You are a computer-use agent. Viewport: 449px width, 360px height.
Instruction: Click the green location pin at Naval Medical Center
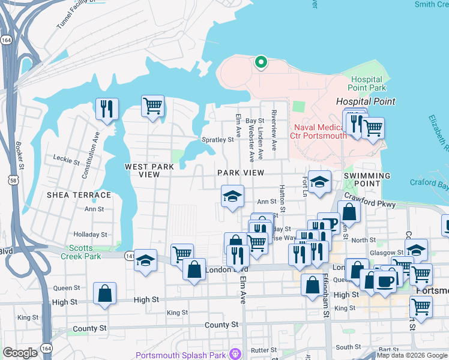(x=261, y=62)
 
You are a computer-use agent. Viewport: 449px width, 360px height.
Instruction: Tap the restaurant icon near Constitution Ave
(x=107, y=109)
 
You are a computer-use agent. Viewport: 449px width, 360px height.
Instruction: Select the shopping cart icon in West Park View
(x=153, y=106)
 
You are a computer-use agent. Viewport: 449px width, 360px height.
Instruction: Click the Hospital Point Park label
(x=366, y=84)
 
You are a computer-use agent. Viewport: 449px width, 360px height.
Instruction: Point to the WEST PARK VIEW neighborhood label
(x=142, y=170)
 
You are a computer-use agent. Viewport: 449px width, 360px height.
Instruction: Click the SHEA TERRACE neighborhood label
(x=80, y=195)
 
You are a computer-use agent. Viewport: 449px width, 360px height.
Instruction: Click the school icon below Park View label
(x=232, y=196)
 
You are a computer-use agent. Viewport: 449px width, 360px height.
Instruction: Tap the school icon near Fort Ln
(x=320, y=181)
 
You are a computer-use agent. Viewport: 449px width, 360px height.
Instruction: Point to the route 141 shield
(x=130, y=256)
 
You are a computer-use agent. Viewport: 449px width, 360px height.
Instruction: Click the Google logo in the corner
(x=20, y=353)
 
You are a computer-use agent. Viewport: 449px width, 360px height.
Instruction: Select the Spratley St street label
(x=220, y=140)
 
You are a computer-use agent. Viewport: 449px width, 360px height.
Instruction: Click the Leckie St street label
(x=66, y=161)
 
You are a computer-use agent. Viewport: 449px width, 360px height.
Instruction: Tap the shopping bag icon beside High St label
(x=104, y=294)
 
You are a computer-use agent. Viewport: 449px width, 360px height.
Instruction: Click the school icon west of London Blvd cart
(x=145, y=260)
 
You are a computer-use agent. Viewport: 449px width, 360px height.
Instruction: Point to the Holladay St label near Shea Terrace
(x=90, y=235)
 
